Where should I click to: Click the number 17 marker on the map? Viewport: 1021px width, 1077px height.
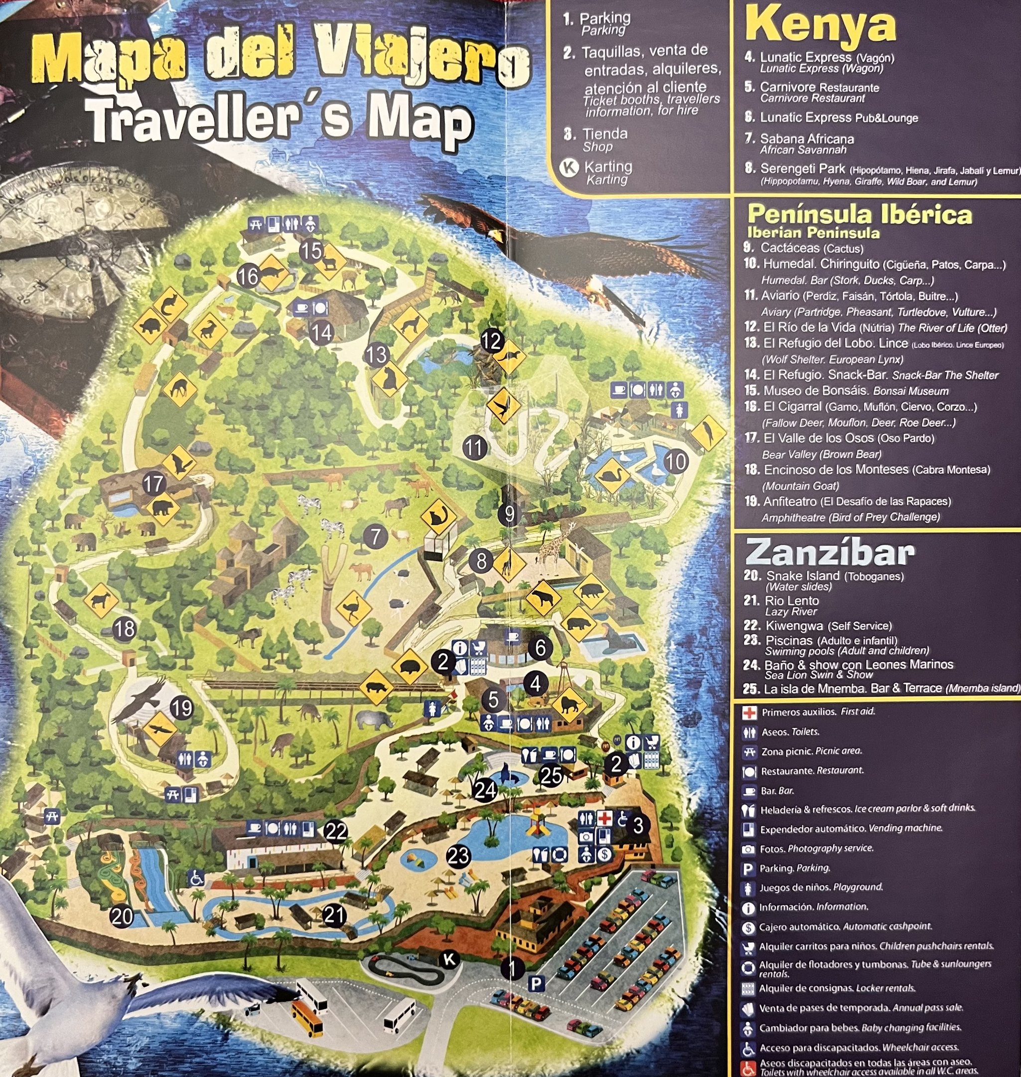pos(154,484)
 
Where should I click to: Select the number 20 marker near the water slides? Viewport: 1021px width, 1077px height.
pos(122,916)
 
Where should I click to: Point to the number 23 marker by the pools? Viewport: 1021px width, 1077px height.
pos(458,856)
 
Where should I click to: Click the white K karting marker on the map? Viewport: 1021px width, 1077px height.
pos(449,959)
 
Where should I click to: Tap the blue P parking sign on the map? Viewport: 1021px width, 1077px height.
pos(537,983)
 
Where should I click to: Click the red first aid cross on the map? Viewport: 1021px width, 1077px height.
pos(604,818)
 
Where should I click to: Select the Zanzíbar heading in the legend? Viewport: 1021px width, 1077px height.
pos(830,552)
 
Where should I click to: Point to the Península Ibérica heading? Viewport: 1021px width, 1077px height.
pos(860,214)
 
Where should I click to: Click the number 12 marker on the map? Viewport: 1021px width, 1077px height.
pos(491,342)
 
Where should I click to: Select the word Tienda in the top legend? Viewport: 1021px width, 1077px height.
pos(604,134)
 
